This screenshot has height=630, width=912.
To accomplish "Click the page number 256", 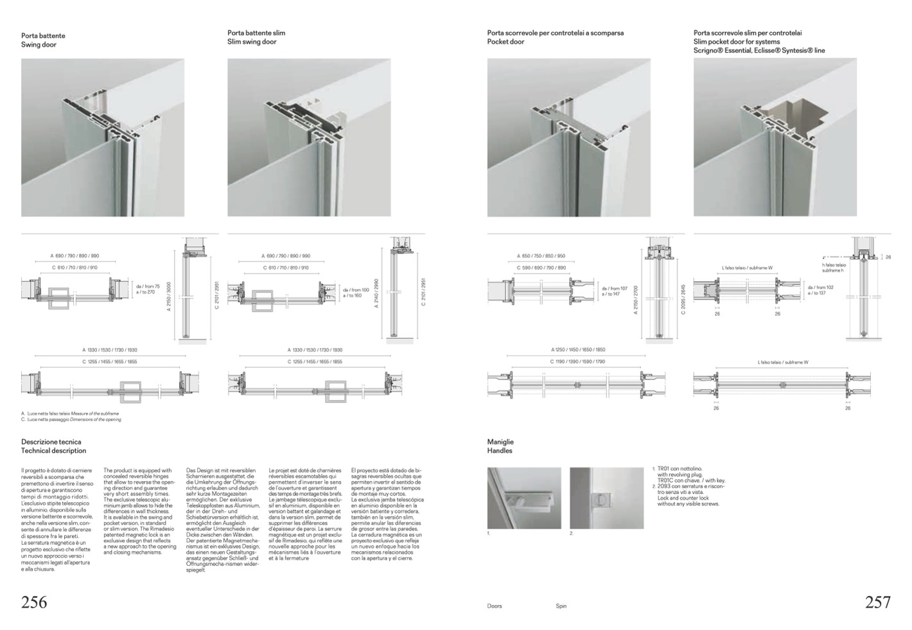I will pos(34,602).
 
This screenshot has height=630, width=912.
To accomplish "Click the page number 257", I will pos(877,602).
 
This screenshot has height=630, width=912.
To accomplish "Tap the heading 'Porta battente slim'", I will pos(256,33).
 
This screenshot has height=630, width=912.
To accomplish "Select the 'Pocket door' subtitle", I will pos(505,42).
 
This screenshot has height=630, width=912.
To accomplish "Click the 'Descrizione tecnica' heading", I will pos(51,442).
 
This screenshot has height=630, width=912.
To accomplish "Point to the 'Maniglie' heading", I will pos(500,442).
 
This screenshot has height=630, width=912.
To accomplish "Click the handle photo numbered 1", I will pos(524,498).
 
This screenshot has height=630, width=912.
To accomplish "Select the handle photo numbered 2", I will pos(606,498).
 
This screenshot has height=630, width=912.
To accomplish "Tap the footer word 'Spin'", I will pos(561,606).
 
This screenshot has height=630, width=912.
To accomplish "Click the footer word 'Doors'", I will pos(495,606).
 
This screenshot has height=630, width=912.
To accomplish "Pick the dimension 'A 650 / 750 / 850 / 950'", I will pos(541,256).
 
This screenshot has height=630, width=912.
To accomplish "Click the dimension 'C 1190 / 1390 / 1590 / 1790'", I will pos(577,362).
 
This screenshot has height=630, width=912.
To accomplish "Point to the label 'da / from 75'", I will pos(148,286).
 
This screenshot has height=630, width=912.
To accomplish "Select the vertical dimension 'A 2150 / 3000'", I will pos(169,295).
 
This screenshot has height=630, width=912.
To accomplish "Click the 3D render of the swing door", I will pos(103,137).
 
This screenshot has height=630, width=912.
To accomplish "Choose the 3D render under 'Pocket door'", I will pos(568,137).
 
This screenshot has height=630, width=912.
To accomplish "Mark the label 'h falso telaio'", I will pos(834,265).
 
